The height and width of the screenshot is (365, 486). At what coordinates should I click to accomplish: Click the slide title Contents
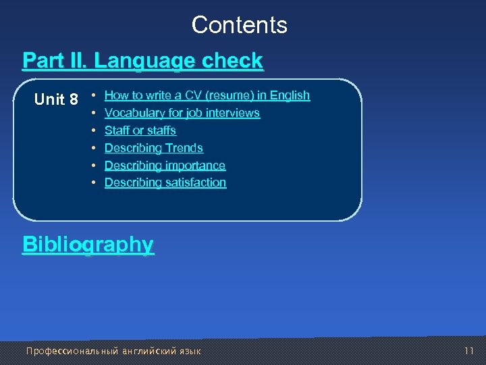coord(239,25)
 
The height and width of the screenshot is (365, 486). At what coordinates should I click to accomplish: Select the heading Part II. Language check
coord(142,61)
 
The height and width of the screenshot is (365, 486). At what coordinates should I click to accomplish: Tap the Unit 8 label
coord(56,100)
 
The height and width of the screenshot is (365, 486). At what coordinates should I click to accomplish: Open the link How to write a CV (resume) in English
coord(207,95)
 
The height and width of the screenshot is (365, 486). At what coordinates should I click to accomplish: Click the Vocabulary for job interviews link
coord(182,113)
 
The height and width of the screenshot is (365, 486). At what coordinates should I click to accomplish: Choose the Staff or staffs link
coord(140,130)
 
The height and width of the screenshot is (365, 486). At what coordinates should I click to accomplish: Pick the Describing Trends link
coord(153,148)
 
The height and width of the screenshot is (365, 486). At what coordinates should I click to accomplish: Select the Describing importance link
coord(165,166)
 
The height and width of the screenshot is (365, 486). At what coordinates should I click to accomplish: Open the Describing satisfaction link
coord(165,182)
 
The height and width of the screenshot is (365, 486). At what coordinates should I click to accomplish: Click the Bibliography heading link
coord(88,244)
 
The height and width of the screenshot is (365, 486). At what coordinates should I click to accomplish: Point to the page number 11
coord(470,351)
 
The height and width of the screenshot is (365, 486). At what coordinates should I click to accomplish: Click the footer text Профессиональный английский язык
coord(113,351)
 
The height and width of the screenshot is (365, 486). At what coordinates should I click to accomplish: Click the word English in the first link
coord(289,95)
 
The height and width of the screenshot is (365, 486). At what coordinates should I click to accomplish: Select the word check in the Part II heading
coord(232,61)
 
